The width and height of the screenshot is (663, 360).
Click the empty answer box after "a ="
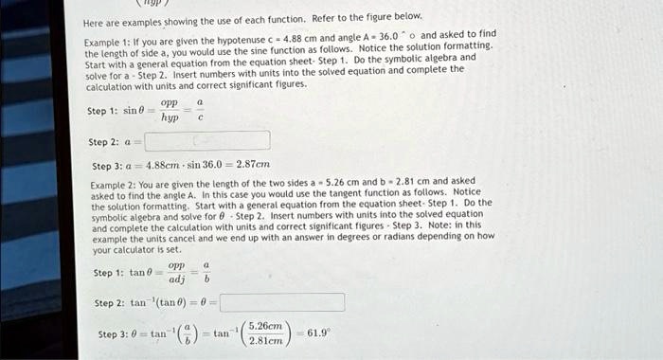pos(206,141)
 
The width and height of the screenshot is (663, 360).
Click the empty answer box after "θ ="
pos(281,303)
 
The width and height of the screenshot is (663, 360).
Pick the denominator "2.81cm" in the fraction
pos(268,343)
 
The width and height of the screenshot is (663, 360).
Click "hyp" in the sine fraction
pos(170,118)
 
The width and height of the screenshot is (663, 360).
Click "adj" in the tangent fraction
pos(176,280)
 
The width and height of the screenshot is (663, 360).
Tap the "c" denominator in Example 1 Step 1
pos(200,118)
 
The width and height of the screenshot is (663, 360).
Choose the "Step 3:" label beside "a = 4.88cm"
pos(104,165)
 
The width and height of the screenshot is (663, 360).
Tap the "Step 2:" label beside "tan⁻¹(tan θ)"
pos(110,303)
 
